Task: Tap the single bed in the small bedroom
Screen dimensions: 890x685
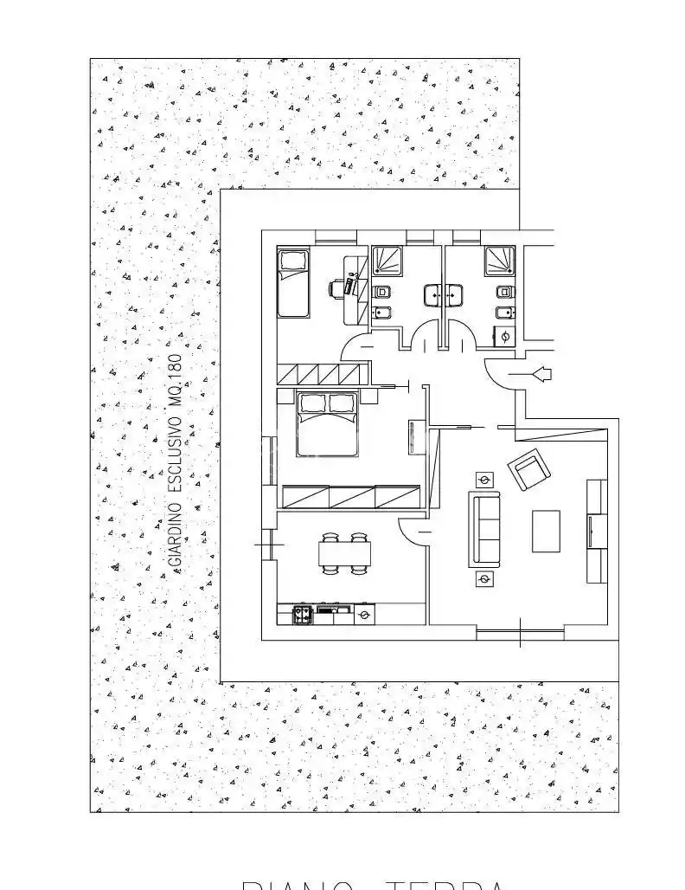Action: (x=292, y=283)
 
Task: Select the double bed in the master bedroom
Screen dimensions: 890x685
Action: (x=327, y=424)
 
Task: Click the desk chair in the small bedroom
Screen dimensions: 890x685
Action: (x=336, y=287)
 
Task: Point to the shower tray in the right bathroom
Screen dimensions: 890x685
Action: (x=499, y=259)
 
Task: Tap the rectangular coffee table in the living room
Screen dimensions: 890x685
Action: (x=546, y=531)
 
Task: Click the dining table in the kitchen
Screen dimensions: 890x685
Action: (x=345, y=552)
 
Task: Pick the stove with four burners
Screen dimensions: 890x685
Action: (x=303, y=614)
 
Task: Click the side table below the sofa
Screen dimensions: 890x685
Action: (x=484, y=578)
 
